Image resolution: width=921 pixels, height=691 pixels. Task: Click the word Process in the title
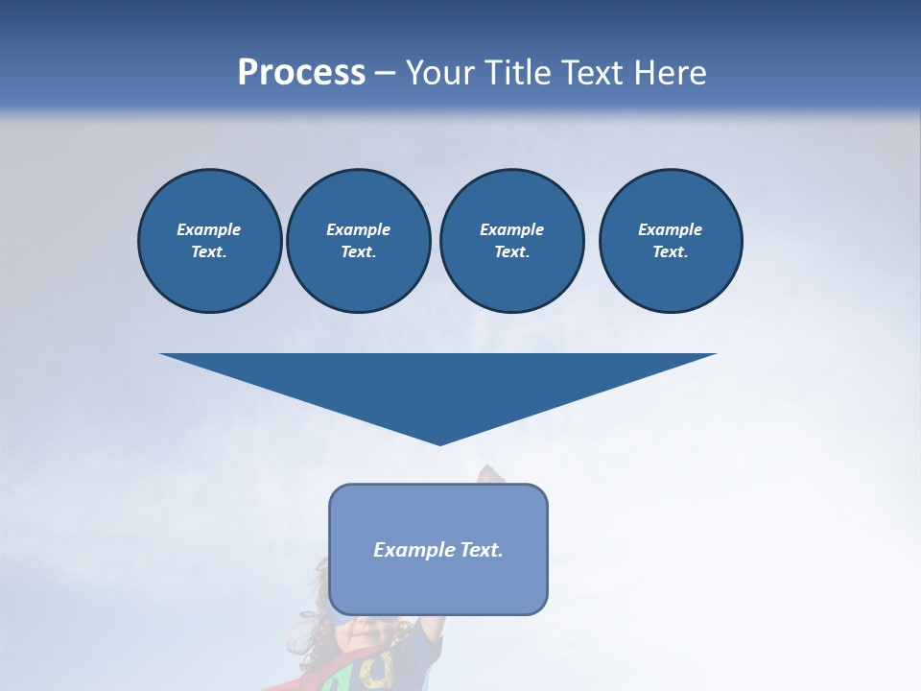coord(301,73)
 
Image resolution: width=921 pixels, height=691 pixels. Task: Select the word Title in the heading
coord(518,73)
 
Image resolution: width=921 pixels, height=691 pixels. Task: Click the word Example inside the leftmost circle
coord(208,229)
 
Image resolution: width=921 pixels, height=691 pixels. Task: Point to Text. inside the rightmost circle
coord(670,252)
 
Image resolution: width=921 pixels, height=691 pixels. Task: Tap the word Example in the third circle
coord(511,229)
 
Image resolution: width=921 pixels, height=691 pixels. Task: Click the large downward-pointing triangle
coord(438,384)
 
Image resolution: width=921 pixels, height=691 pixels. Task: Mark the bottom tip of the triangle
coord(439,442)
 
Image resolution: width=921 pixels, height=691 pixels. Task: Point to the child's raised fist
coord(491,474)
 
